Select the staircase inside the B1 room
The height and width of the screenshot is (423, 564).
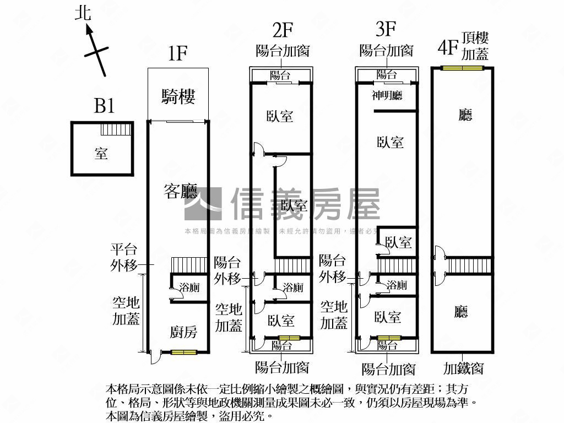117,130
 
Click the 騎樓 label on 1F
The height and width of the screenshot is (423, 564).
178,96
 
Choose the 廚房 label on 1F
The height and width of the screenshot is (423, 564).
183,332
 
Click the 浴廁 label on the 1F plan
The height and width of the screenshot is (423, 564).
189,287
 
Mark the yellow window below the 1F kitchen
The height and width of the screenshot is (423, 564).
183,352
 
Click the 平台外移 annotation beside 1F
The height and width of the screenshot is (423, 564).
123,258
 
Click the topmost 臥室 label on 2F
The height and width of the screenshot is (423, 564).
280,116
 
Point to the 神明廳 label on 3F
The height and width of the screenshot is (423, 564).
387,95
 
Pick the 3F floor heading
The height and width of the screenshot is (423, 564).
386,29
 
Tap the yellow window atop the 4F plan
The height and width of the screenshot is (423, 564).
462,68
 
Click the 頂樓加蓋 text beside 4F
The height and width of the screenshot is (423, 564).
474,46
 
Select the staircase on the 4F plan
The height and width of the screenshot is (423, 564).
468,265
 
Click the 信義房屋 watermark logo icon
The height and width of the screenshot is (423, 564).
203,204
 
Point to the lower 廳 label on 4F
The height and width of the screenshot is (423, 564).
461,312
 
